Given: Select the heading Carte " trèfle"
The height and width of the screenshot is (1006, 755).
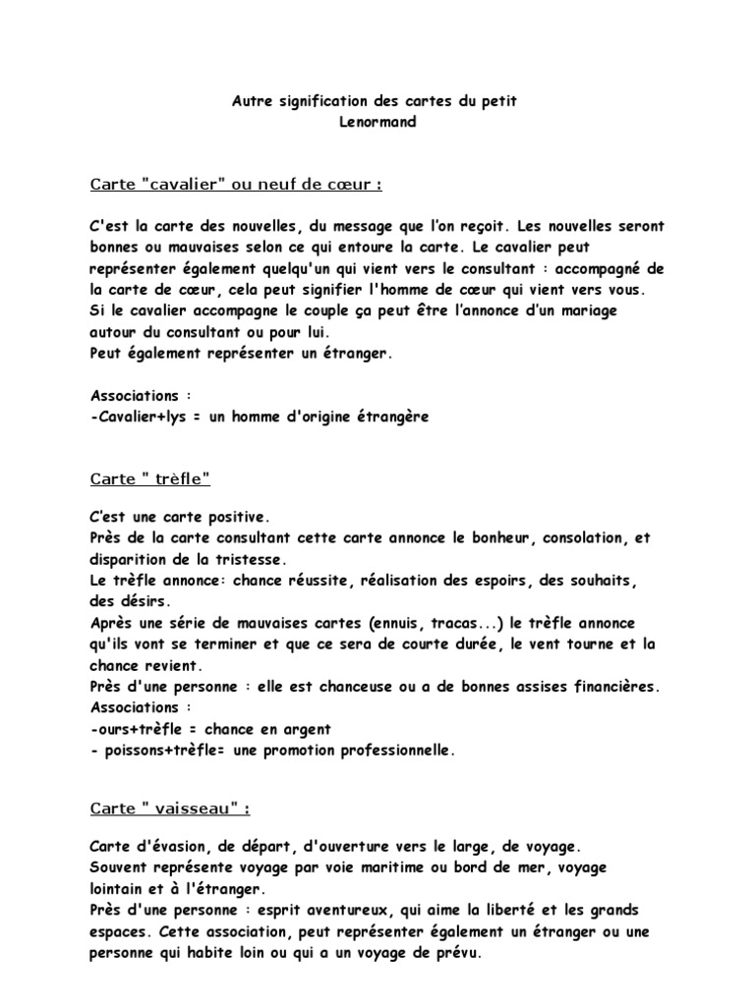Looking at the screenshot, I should [x=150, y=479].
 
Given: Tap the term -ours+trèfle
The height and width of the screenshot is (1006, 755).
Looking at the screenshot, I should [x=139, y=729].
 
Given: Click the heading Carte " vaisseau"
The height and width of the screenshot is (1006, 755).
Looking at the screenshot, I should [x=170, y=809].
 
